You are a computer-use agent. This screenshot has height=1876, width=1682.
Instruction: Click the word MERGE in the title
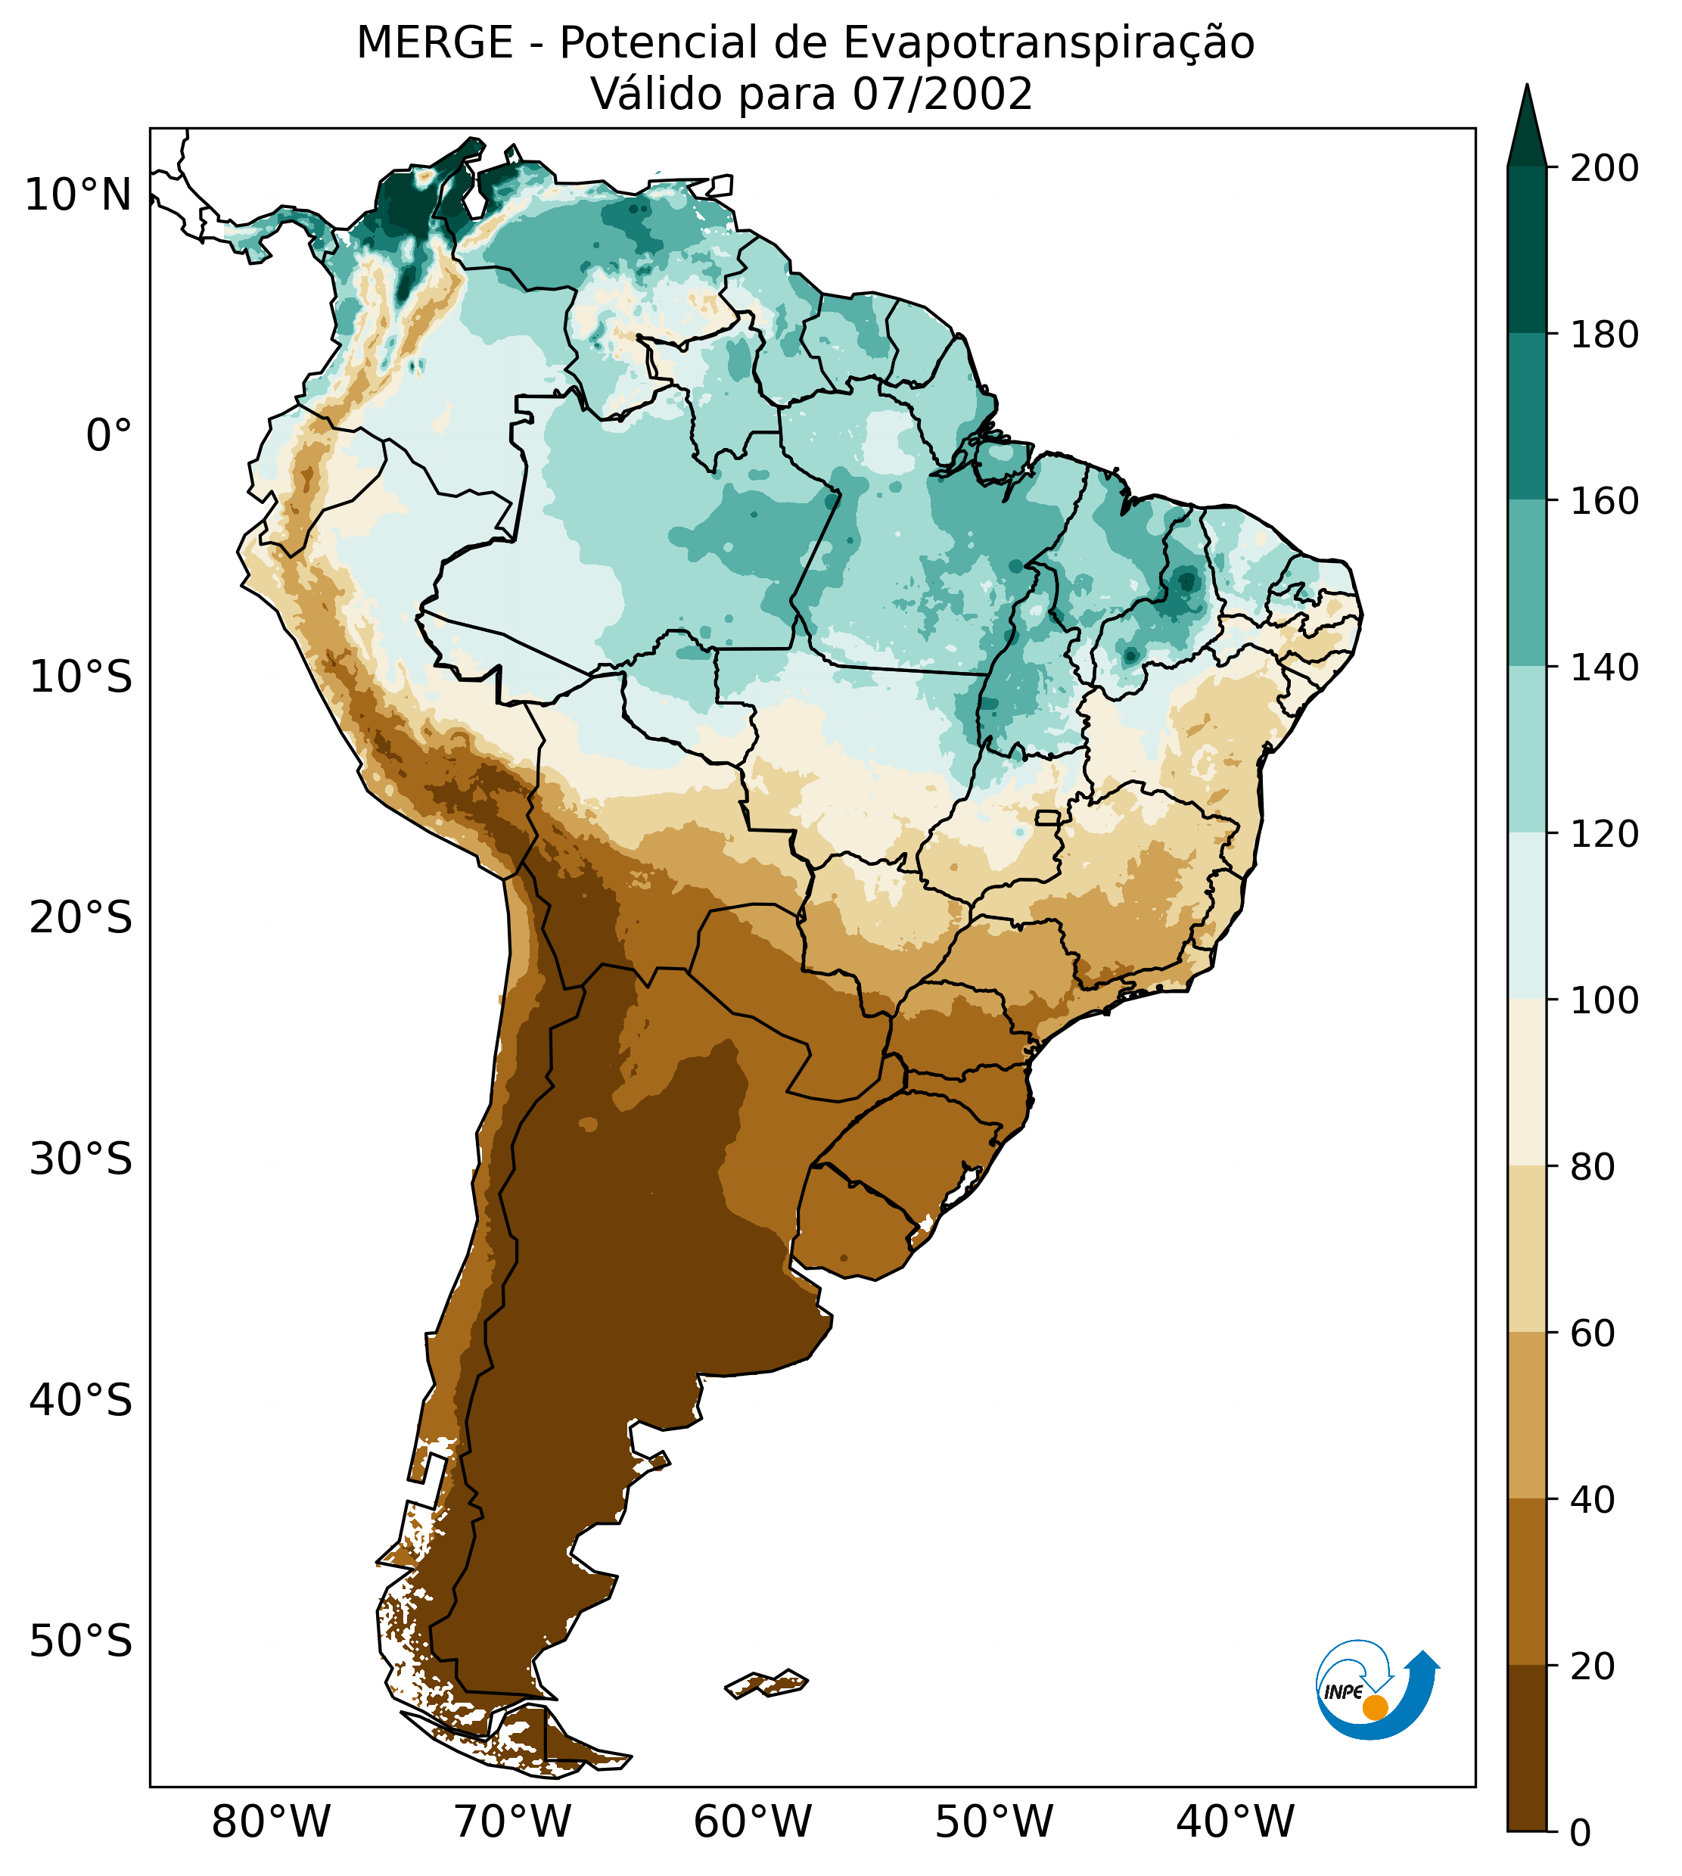point(434,43)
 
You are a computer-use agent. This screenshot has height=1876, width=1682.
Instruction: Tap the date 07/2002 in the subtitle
point(942,95)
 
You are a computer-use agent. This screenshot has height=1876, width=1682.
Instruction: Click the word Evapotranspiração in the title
point(1049,43)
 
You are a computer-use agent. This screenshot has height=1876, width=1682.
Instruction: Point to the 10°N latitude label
point(79,196)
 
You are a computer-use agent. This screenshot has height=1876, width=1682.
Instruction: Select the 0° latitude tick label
point(109,436)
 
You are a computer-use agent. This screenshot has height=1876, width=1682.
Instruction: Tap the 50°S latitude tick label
point(81,1642)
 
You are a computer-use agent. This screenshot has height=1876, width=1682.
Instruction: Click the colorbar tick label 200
point(1604,169)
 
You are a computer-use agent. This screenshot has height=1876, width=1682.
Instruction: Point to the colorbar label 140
point(1604,668)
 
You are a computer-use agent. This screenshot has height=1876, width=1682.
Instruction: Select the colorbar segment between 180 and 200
point(1527,250)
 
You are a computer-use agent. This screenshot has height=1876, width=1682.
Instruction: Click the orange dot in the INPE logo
point(1375,1707)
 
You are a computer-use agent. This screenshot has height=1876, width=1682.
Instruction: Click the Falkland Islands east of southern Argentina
point(767,1683)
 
